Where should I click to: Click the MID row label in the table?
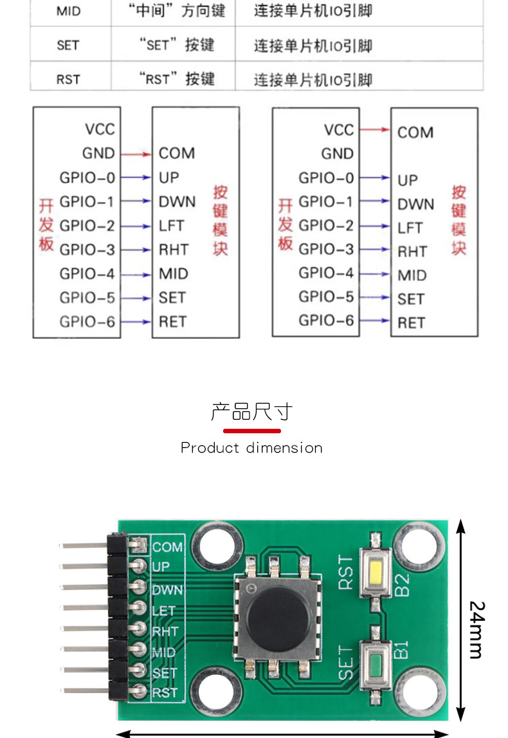coord(69,12)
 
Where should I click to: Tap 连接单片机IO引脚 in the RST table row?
coord(313,80)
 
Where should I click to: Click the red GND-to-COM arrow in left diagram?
coord(136,154)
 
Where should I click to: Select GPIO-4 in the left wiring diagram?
coord(87,274)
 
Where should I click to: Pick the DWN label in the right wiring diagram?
coord(415,204)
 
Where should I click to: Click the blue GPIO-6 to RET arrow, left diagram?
coord(136,321)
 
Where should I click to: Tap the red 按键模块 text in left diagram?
coord(221,221)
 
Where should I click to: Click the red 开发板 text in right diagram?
coord(286,224)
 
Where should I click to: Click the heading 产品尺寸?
coord(251,411)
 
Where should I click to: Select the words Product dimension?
coord(251,447)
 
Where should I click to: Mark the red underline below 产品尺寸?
coord(251,430)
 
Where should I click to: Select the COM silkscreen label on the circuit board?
coord(168,547)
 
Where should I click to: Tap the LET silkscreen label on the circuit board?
coord(163,611)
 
